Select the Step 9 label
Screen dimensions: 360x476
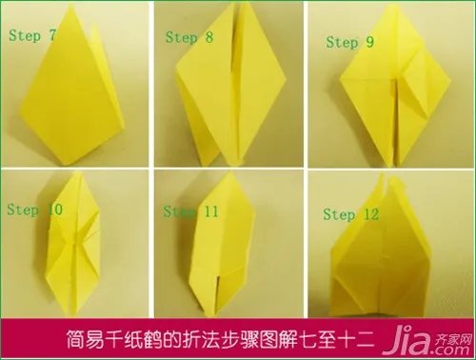[351, 42]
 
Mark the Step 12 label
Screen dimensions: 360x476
[351, 215]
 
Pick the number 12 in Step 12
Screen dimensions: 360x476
[371, 215]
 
